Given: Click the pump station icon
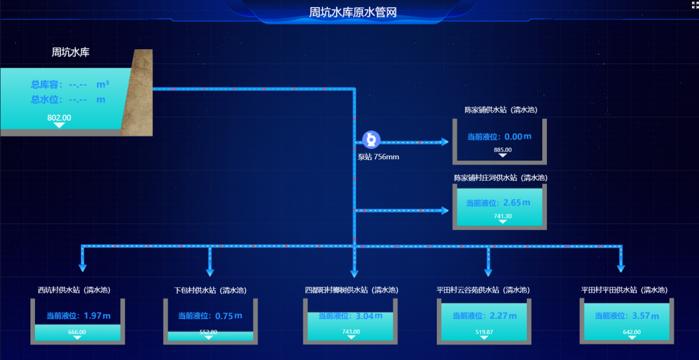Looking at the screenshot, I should coord(371,139).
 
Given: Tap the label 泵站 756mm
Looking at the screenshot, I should coord(378,157).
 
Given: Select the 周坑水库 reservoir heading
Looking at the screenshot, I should coord(71,52).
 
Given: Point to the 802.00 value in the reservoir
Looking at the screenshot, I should coord(59,118).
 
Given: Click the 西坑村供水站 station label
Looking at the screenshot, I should coord(77,290).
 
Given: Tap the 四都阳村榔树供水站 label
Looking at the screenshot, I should coord(351,290).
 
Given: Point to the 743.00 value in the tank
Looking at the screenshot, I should coord(351,332).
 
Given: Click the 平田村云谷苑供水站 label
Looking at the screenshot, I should coord(483,290).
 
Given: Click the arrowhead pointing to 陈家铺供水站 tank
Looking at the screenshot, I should coord(445,142).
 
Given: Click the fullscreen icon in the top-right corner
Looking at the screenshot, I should coord(694,5).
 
